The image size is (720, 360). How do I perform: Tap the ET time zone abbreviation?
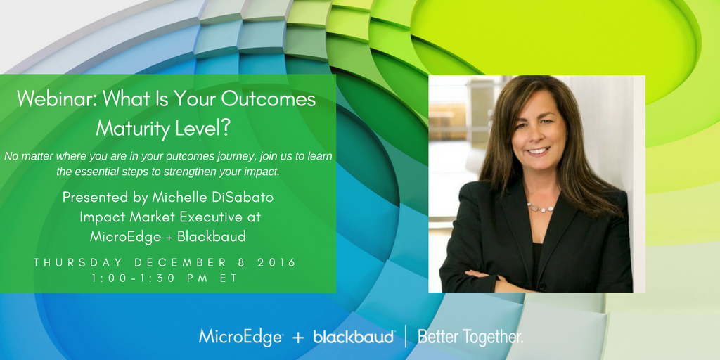pyautogui.click(x=230, y=278)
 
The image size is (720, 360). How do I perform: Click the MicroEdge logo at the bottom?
pyautogui.click(x=241, y=337)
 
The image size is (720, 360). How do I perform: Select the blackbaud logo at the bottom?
pyautogui.click(x=354, y=337)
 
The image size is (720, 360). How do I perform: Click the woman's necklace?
pyautogui.click(x=540, y=207)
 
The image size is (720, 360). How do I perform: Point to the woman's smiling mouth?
pyautogui.click(x=538, y=150)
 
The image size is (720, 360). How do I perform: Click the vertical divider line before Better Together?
pyautogui.click(x=406, y=337)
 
